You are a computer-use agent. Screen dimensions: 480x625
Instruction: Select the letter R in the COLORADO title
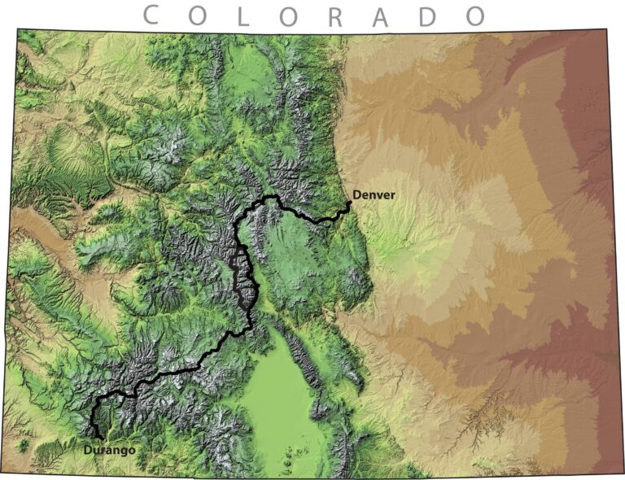coord(334,15)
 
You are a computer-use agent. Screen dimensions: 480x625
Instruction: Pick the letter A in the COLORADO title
coord(381,15)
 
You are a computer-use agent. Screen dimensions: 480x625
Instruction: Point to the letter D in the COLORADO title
coord(429,15)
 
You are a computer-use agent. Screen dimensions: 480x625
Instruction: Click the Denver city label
coord(374,195)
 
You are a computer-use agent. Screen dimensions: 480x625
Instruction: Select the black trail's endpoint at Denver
coord(349,203)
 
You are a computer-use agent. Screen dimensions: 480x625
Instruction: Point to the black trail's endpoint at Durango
coord(101,438)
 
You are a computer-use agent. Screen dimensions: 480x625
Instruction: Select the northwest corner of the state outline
coord(18,29)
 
